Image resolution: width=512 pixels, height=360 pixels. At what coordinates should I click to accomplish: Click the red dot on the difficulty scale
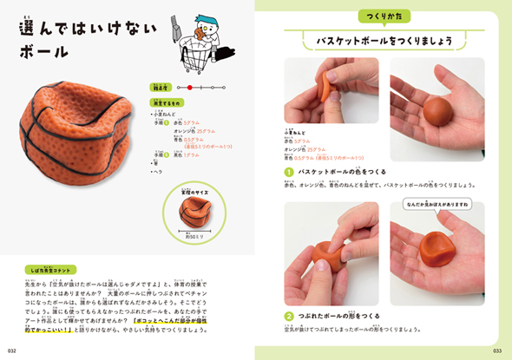(x=188, y=88)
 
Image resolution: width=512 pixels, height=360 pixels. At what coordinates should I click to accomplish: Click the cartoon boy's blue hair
(x=207, y=19)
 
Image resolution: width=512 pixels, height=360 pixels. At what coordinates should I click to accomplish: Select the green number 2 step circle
(x=289, y=317)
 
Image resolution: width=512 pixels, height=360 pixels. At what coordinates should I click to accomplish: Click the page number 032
(x=12, y=351)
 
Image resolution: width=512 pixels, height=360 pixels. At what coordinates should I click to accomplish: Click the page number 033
(x=498, y=351)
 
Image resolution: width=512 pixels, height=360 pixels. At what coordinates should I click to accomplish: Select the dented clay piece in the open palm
(x=437, y=256)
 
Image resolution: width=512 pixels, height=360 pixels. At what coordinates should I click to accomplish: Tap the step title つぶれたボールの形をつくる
(x=340, y=317)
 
